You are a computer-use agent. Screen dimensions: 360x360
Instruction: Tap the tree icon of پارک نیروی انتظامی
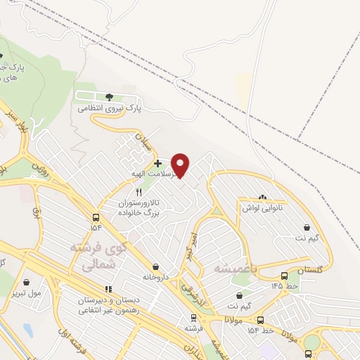pos(109,96)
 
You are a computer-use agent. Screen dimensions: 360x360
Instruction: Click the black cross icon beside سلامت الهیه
pos(157,163)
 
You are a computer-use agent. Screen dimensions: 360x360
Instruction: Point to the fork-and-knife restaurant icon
pos(139,191)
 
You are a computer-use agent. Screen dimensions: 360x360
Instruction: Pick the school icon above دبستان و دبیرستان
pos(108,288)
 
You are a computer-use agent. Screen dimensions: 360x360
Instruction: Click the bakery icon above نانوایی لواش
pos(263,198)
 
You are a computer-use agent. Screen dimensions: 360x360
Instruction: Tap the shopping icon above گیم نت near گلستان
pos(308,226)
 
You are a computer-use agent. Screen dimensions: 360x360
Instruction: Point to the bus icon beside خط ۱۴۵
pos(284,276)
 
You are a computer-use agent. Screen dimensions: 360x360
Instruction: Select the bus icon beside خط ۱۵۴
pos(260,319)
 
